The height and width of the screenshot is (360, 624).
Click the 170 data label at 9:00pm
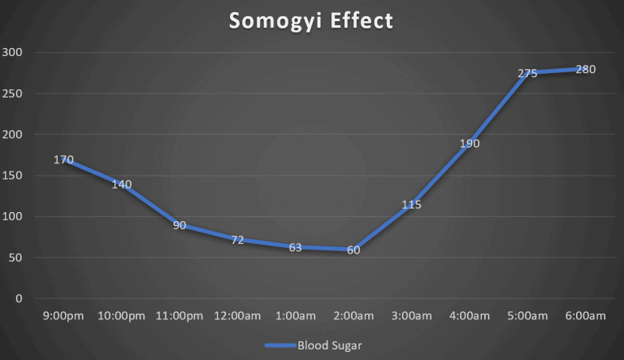pyautogui.click(x=63, y=159)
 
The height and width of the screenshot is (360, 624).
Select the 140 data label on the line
pyautogui.click(x=122, y=184)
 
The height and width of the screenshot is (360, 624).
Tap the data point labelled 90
pyautogui.click(x=180, y=225)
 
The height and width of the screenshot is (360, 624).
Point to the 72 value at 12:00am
pyautogui.click(x=237, y=241)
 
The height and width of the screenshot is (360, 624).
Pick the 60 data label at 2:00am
pyautogui.click(x=353, y=249)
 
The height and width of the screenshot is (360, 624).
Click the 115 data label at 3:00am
pyautogui.click(x=411, y=205)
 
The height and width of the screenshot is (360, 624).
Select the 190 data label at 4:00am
pyautogui.click(x=470, y=143)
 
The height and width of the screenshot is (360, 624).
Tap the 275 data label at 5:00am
pyautogui.click(x=527, y=73)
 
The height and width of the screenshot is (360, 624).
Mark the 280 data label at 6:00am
pyautogui.click(x=585, y=69)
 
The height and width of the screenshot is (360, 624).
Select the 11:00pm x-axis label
pyautogui.click(x=180, y=315)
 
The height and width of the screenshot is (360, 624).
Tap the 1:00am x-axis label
pyautogui.click(x=296, y=315)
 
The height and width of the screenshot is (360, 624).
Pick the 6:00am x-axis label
pyautogui.click(x=585, y=315)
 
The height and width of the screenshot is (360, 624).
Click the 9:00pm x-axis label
pyautogui.click(x=63, y=315)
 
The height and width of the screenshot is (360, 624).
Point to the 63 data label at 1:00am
pyautogui.click(x=296, y=247)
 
